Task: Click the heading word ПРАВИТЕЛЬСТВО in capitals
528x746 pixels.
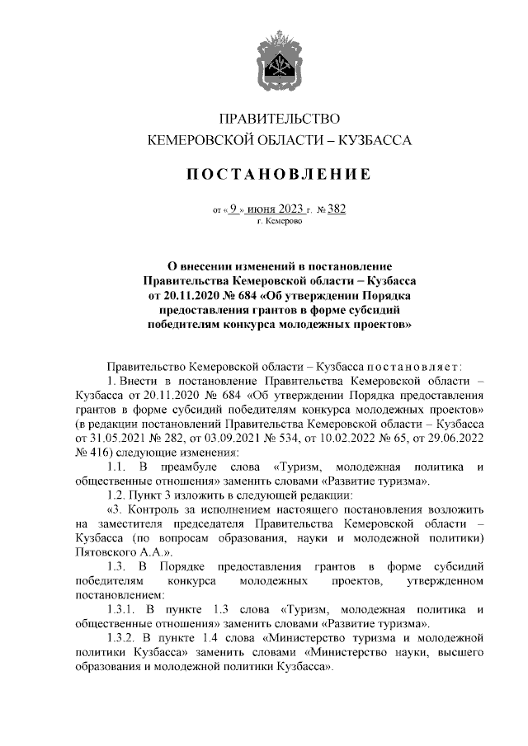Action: [278, 120]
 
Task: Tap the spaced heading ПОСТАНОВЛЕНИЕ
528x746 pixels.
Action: [278, 174]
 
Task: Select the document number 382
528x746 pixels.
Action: [336, 209]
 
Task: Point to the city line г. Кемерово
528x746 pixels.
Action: [278, 221]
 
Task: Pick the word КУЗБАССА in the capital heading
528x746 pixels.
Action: [375, 142]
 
